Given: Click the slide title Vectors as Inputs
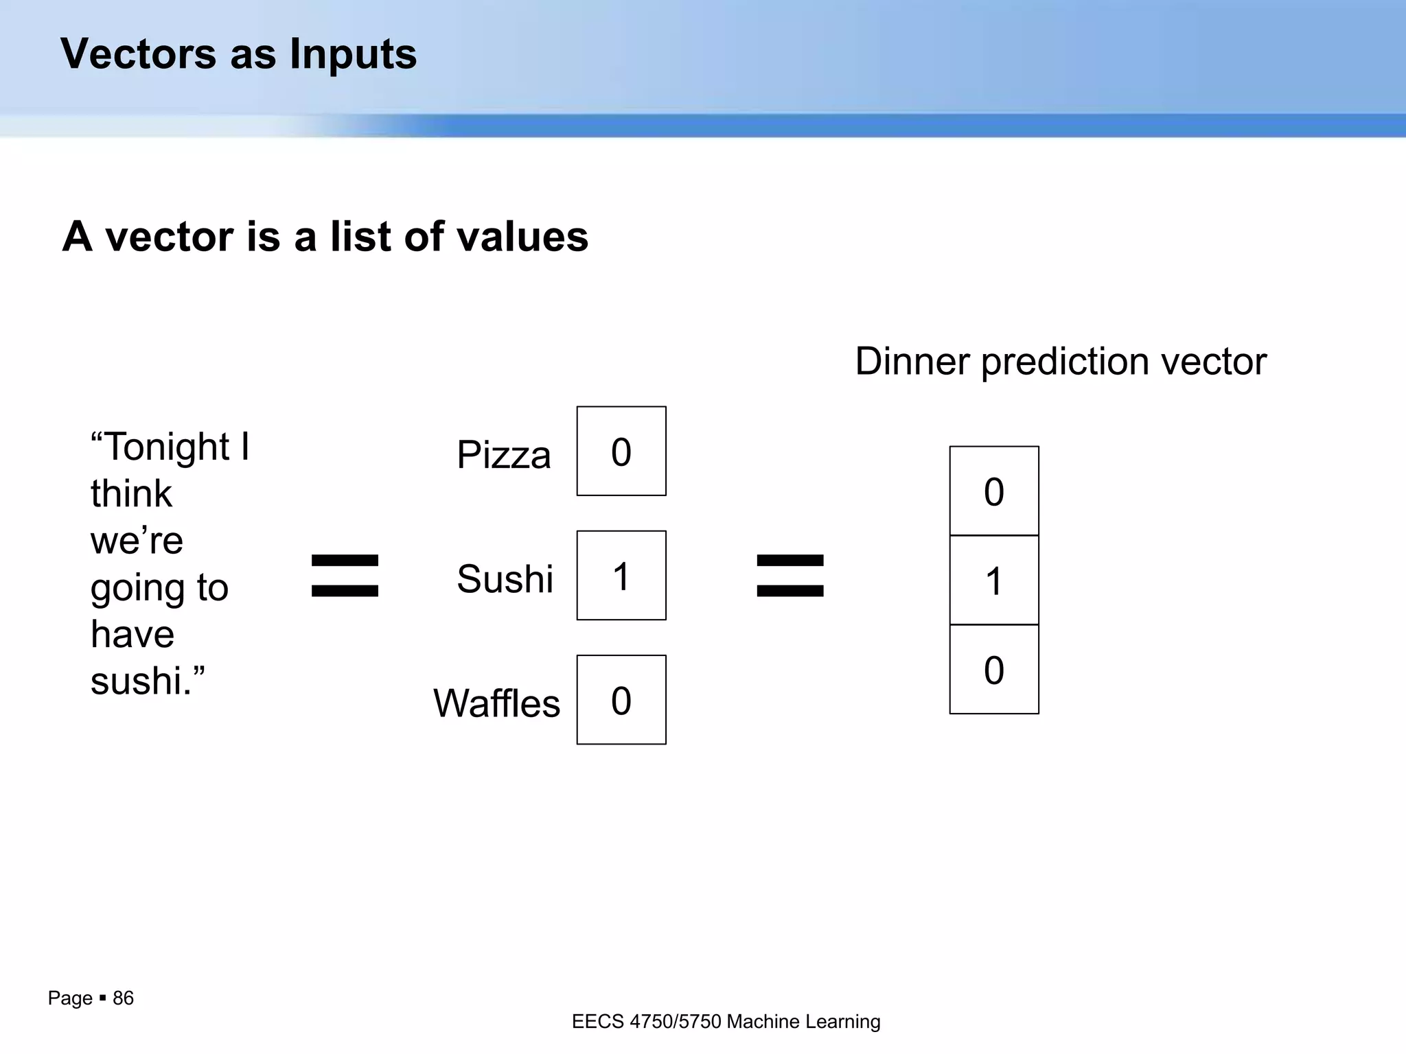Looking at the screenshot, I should pyautogui.click(x=238, y=54).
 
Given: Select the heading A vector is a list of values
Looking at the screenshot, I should pyautogui.click(x=325, y=236).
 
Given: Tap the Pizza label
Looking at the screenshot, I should pyautogui.click(x=503, y=454).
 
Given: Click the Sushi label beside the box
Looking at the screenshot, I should pyautogui.click(x=505, y=578).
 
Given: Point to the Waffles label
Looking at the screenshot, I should pyautogui.click(x=496, y=703).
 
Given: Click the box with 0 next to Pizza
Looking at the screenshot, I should pyautogui.click(x=621, y=451).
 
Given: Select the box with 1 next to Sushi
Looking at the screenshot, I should pyautogui.click(x=621, y=575).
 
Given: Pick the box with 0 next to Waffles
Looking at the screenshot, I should pyautogui.click(x=621, y=699).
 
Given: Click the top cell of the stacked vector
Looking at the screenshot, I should pyautogui.click(x=994, y=491).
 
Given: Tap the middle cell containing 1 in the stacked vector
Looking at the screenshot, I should pyautogui.click(x=994, y=580).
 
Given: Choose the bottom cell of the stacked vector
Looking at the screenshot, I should pyautogui.click(x=994, y=669).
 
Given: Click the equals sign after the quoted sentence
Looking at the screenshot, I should pyautogui.click(x=345, y=575).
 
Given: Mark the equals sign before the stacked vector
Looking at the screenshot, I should pyautogui.click(x=790, y=575).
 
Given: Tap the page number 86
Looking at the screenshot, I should pyautogui.click(x=123, y=998).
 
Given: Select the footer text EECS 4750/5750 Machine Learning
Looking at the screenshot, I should pyautogui.click(x=726, y=1022).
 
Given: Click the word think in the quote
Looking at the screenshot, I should pyautogui.click(x=131, y=493).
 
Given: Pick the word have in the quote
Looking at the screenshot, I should pyautogui.click(x=132, y=633).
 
